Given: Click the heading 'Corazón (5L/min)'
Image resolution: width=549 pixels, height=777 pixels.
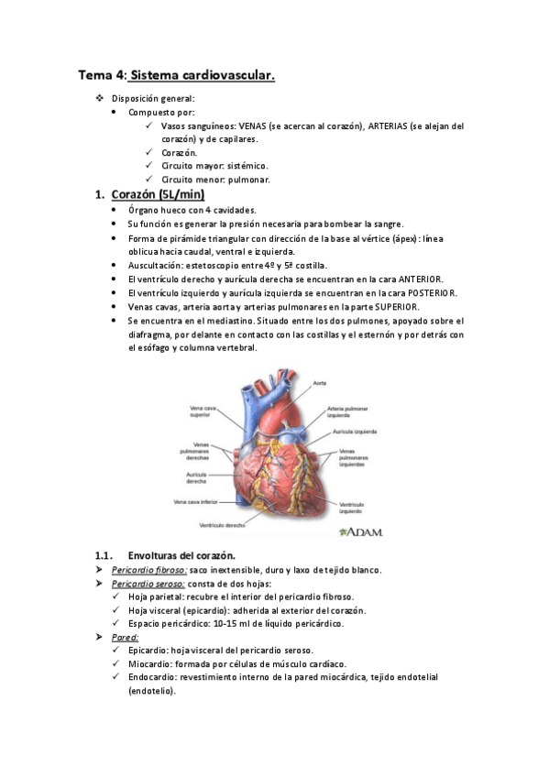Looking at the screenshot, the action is (x=157, y=194).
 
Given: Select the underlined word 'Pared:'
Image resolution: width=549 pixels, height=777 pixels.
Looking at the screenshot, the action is (x=125, y=637).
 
